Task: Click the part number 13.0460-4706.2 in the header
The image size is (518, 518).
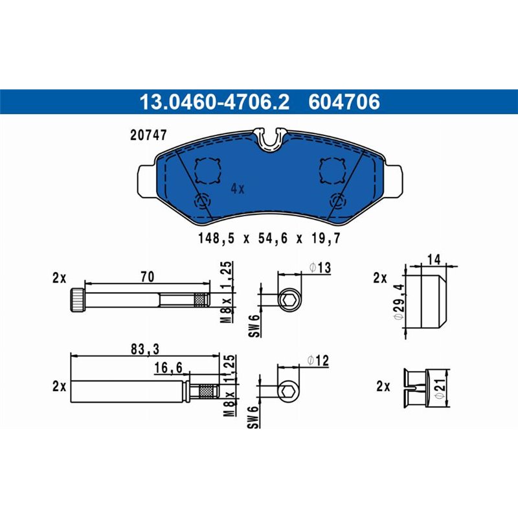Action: (x=214, y=102)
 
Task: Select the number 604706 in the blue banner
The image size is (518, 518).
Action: (x=344, y=102)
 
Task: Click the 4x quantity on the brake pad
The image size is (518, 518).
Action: (x=238, y=188)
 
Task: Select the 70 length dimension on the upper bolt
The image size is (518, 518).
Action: (x=147, y=277)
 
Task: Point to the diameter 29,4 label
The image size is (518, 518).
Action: (x=400, y=300)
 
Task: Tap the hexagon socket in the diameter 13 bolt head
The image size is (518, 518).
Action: (x=289, y=300)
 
